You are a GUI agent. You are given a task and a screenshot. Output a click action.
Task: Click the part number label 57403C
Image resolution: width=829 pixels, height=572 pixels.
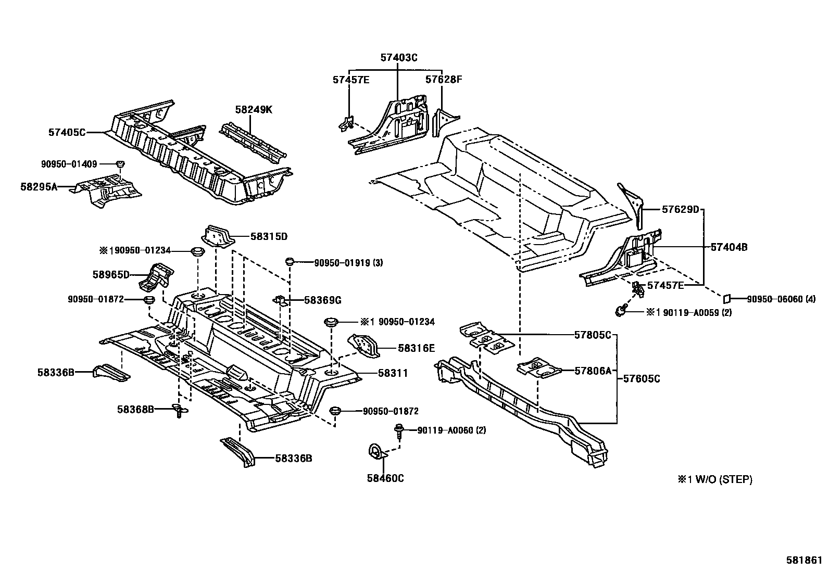pos(399,58)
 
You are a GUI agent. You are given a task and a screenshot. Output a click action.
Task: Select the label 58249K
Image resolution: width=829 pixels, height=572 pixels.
pos(254,110)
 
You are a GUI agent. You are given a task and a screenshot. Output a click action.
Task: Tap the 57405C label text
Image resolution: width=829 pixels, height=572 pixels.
pos(67,133)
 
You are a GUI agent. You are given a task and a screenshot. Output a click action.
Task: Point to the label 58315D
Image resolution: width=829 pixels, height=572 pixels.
pos(269,237)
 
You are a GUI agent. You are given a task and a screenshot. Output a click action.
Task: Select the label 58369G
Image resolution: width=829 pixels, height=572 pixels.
pos(322,300)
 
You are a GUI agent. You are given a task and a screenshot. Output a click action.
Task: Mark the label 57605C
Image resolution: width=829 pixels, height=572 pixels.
pos(642,379)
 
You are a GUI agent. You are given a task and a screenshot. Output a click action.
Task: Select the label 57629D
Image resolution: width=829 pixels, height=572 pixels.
pos(681,210)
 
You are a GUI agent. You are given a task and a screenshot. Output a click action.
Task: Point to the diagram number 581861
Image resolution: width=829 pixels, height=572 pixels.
pos(804,562)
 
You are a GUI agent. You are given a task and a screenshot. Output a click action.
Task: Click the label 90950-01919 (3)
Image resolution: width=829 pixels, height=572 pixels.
pos(348,263)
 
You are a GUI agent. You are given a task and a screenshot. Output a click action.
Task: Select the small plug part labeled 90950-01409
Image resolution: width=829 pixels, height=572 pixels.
pos(120,164)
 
